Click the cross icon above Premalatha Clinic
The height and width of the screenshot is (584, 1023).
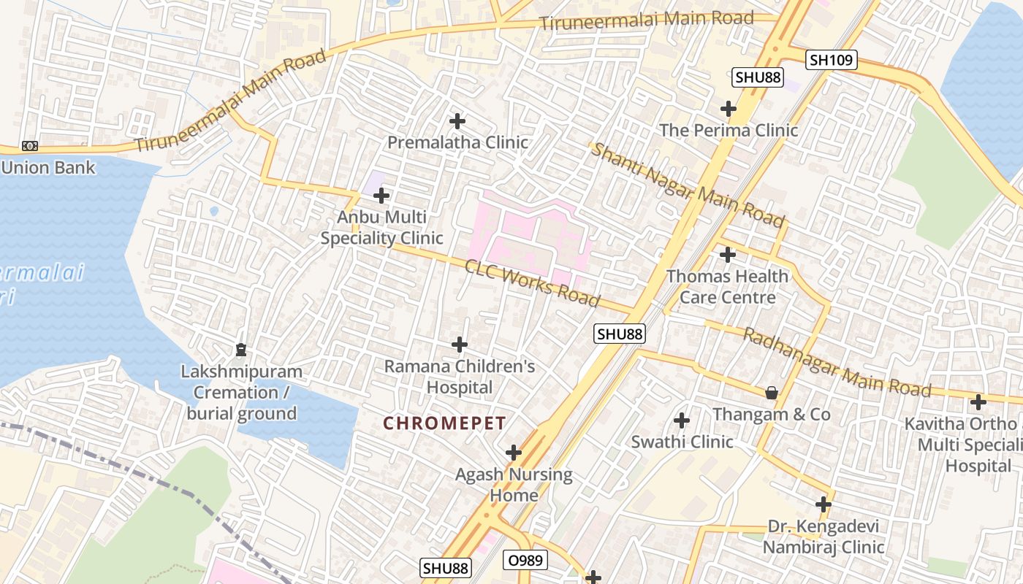[457, 120]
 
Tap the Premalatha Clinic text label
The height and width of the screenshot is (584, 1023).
[457, 142]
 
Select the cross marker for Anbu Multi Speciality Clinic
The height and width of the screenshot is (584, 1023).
[381, 196]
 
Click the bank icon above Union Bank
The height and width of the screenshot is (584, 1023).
[30, 146]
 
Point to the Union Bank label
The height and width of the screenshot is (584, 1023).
[48, 167]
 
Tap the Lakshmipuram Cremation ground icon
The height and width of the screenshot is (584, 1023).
[241, 350]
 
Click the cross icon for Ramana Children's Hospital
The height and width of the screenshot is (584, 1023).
[460, 344]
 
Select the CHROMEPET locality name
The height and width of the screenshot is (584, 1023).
[444, 423]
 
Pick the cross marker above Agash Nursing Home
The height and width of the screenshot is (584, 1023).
[514, 453]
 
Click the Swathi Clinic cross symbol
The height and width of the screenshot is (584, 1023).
[682, 420]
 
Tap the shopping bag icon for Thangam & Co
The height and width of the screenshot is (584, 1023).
[771, 393]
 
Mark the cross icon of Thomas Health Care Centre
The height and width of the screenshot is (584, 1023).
[728, 255]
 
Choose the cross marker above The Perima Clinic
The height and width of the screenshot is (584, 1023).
[729, 109]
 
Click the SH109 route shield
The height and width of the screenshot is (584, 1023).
[832, 60]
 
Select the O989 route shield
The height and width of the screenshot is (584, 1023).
[525, 561]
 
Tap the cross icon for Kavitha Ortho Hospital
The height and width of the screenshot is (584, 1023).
[978, 401]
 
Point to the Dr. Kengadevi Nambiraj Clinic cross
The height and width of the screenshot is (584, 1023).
[824, 504]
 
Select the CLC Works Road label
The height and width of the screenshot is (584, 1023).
[532, 283]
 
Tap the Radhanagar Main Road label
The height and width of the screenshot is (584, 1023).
[837, 362]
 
